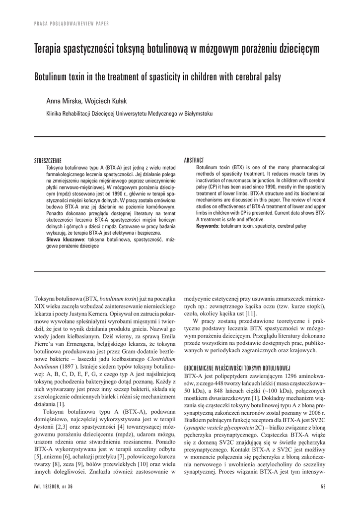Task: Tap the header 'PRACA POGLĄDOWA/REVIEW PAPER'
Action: [x=72, y=24]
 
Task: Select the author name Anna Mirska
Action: [x=62, y=101]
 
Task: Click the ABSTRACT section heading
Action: [x=194, y=160]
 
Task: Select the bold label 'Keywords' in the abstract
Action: [x=208, y=226]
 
